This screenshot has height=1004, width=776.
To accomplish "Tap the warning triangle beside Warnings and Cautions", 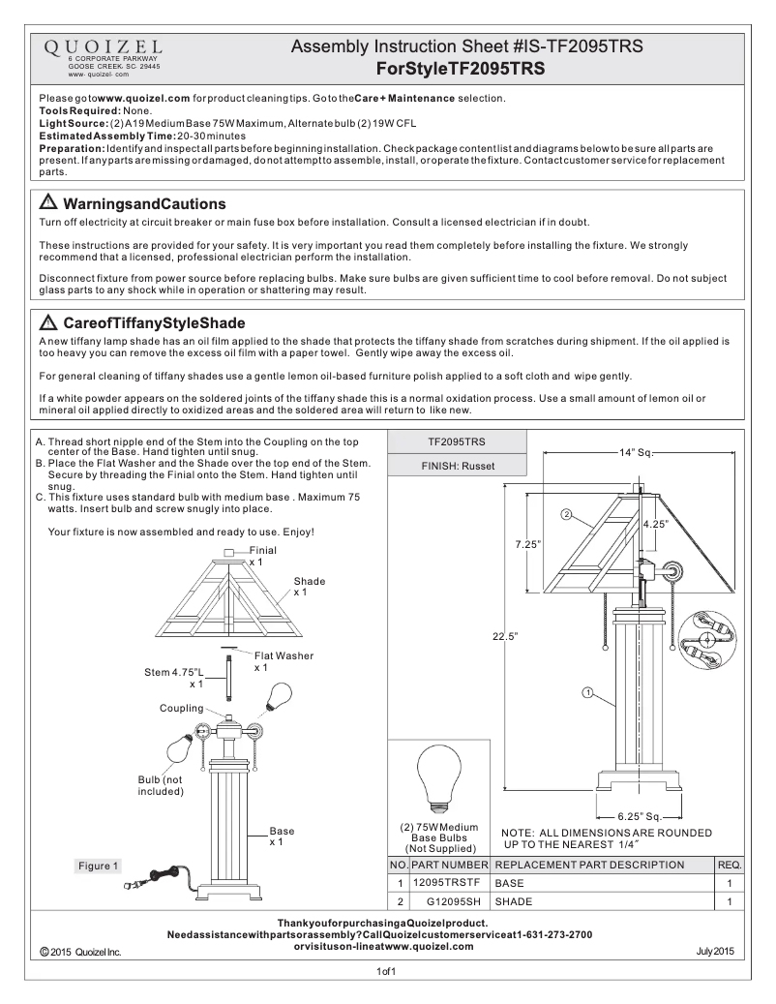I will coord(47,204).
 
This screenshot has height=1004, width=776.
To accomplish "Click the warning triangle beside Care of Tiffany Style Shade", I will coord(47,321).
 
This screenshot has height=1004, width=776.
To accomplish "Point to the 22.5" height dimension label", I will coord(506,636).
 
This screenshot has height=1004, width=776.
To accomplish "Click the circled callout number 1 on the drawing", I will coord(587,691).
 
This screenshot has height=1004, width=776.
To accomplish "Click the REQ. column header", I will coord(729,865).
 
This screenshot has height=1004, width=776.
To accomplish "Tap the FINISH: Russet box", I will coord(458,466).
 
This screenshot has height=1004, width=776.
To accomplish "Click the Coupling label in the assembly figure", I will coord(181,709).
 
